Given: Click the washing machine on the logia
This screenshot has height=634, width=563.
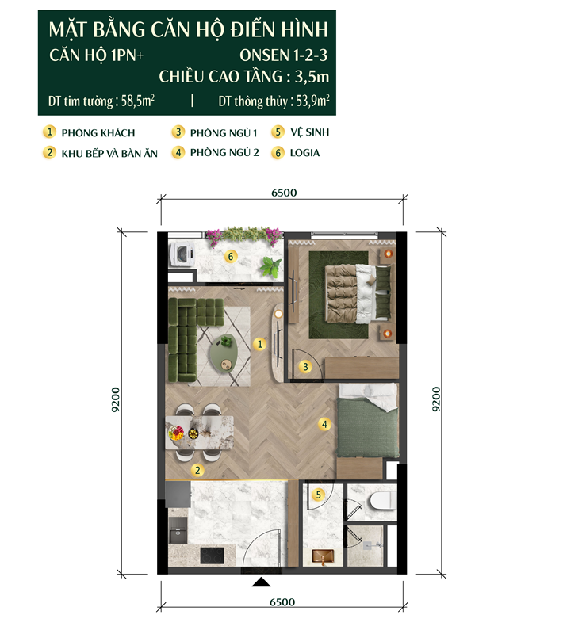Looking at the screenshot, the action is click(x=182, y=254).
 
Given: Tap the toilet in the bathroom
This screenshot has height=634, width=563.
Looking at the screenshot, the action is click(x=383, y=502).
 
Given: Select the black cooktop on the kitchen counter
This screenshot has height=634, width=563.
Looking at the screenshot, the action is click(x=212, y=556).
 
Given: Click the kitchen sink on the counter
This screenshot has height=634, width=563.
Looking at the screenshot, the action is click(x=178, y=530).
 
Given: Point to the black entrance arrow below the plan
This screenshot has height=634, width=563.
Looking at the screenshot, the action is click(x=261, y=582).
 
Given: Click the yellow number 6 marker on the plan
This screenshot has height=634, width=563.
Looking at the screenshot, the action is click(x=231, y=256).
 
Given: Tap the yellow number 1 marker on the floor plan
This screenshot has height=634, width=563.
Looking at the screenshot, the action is click(x=259, y=344).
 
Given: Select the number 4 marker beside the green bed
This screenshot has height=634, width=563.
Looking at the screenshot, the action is click(x=324, y=424).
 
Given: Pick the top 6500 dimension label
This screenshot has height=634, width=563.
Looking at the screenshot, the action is click(x=284, y=193).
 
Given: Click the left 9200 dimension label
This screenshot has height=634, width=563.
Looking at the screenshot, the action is click(x=115, y=399).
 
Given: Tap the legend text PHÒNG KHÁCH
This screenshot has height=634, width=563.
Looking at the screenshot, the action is click(x=98, y=132).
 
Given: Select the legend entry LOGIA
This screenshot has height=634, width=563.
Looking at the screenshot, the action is click(x=304, y=153).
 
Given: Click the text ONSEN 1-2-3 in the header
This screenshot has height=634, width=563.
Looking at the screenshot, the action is click(x=283, y=55).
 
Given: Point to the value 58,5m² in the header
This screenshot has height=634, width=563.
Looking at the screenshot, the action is click(x=138, y=101).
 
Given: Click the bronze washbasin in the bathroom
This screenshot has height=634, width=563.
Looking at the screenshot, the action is click(x=323, y=557).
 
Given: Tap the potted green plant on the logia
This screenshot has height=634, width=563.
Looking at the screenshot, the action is click(x=270, y=267).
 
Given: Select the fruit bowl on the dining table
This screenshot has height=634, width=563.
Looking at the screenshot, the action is click(x=176, y=433).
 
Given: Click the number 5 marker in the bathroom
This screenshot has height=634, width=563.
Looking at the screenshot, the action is click(x=318, y=494).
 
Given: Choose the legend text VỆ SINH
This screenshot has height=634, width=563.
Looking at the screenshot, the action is click(x=310, y=132).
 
